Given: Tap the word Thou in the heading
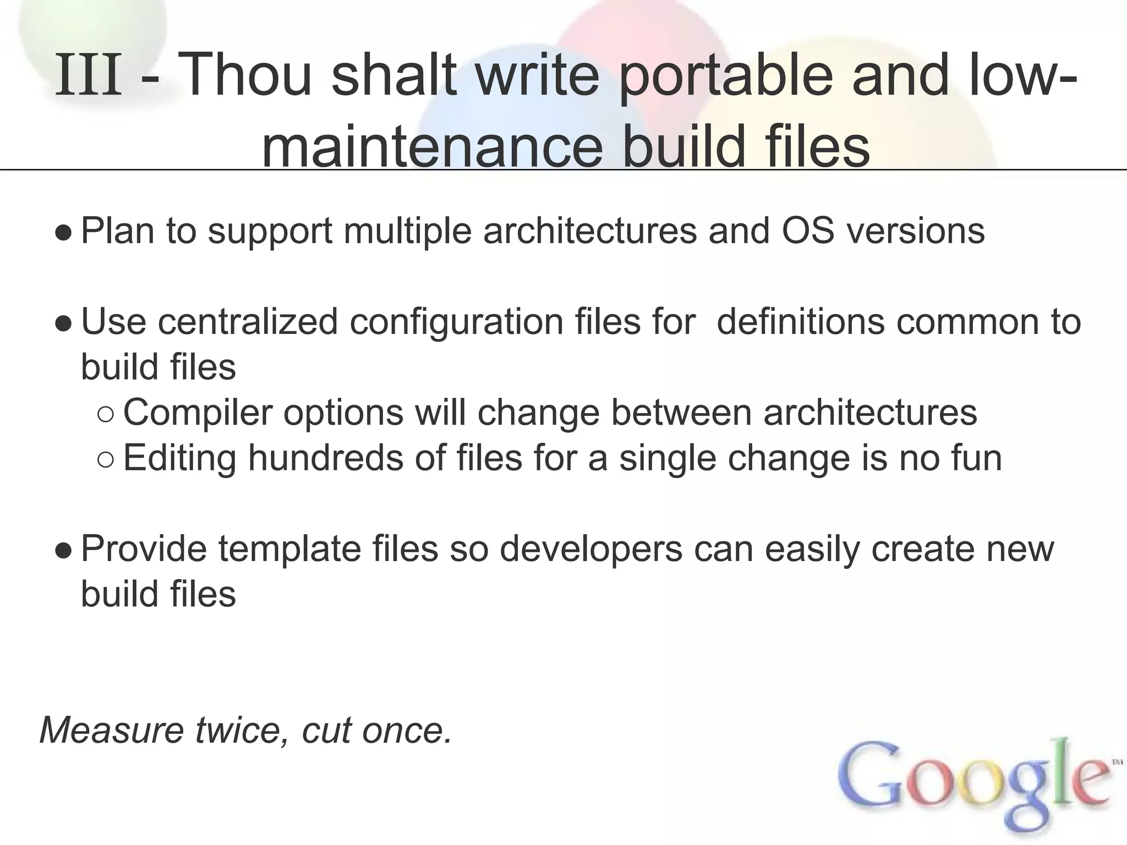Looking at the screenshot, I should click(244, 75).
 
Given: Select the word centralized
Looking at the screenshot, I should click(248, 321).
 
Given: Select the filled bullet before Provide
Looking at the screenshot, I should click(63, 551).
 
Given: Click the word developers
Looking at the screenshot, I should click(591, 550).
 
